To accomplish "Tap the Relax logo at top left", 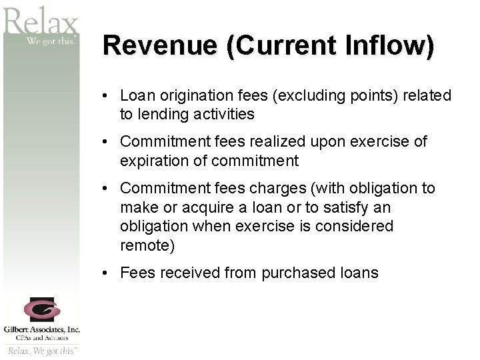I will click(x=41, y=24).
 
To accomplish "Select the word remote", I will click(x=145, y=245).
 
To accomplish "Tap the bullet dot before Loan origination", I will click(x=106, y=97).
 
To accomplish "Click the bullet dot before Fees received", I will click(x=106, y=273).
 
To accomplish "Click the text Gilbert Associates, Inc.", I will click(x=41, y=329).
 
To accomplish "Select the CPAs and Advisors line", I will click(x=41, y=338).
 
